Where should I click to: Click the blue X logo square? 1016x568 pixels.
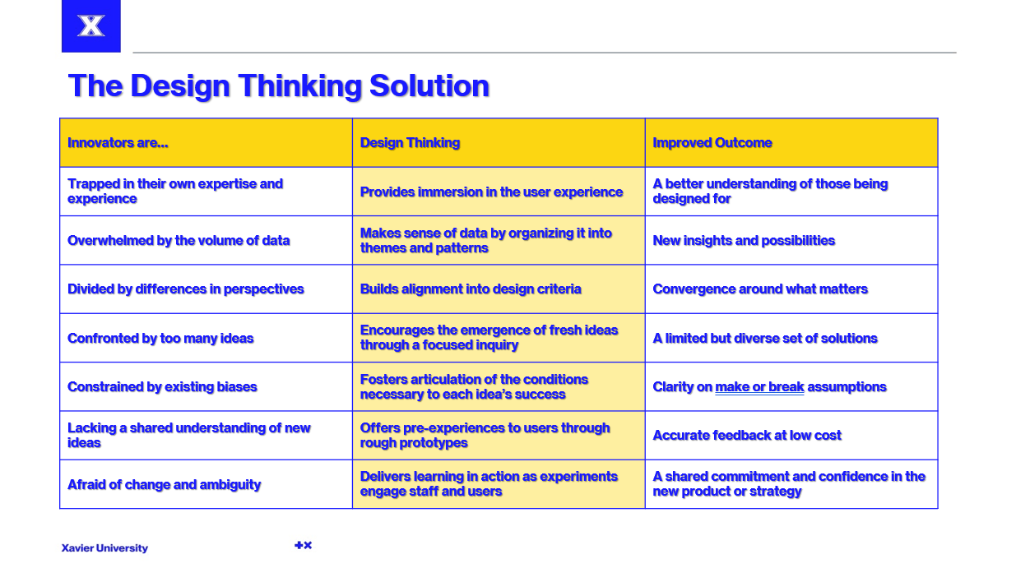pos(91,26)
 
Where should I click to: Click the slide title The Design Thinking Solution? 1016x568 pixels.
pos(278,85)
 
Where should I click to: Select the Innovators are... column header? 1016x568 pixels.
pos(118,143)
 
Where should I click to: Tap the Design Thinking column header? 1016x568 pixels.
pos(410,143)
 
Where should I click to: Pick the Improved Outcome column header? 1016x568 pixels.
pos(712,143)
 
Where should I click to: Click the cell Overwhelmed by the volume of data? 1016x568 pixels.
pos(179,241)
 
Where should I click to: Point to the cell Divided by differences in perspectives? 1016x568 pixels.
pos(186,289)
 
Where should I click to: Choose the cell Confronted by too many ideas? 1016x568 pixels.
pos(160,339)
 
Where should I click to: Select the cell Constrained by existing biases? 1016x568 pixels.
pos(162,387)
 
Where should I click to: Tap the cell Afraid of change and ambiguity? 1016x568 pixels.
pos(165,485)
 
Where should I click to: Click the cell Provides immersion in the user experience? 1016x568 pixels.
pos(491,192)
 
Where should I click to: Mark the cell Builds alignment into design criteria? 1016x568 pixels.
pos(471,289)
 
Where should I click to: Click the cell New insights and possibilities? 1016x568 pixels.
pos(744,241)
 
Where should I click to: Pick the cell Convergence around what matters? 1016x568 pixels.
pos(760,289)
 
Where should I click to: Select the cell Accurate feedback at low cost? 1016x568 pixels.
pos(747,436)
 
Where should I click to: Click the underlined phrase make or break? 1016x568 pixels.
pos(759,387)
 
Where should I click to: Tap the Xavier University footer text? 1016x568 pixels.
pos(104,548)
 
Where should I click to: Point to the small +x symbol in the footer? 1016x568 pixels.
pos(303,545)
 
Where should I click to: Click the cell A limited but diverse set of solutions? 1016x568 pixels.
pos(765,339)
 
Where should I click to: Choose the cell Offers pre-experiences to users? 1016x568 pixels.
pos(485,436)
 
